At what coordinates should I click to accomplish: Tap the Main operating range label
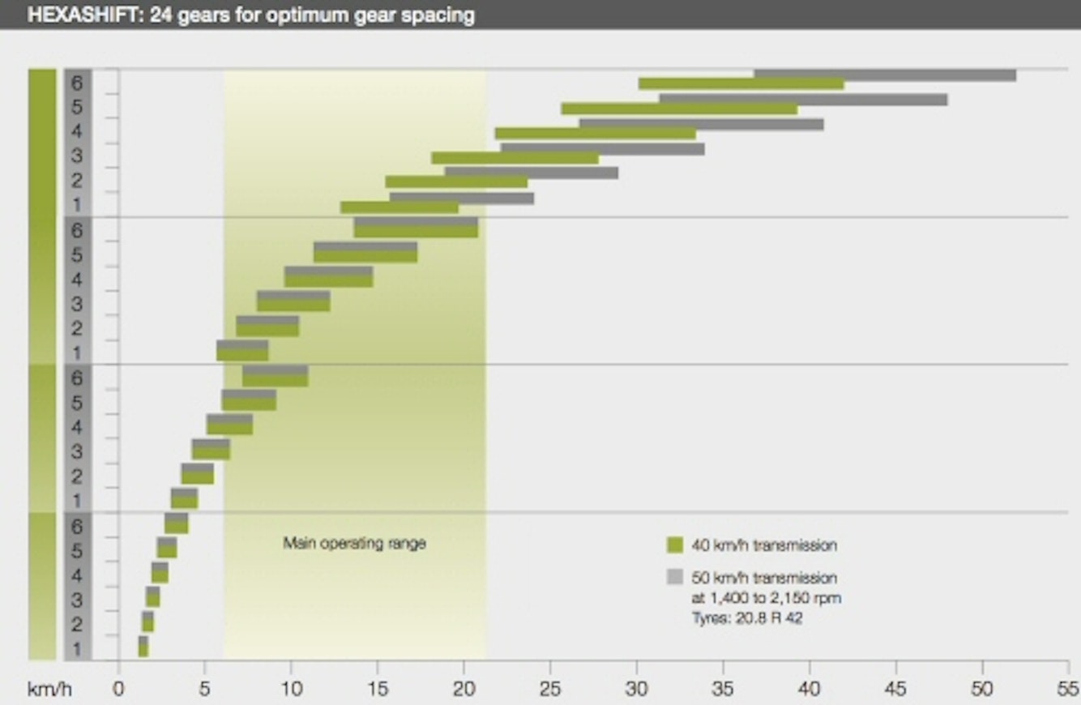pos(354,544)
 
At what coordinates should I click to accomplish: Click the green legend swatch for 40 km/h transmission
pos(675,545)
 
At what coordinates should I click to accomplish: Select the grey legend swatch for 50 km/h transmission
pos(675,578)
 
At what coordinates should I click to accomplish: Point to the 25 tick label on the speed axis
pos(550,690)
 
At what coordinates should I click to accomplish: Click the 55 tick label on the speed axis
pos(1068,690)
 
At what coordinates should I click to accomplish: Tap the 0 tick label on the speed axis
pos(118,690)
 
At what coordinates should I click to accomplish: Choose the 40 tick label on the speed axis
pos(810,690)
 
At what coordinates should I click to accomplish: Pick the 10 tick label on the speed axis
pos(291,690)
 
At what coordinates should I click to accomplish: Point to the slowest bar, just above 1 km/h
pos(143,647)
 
